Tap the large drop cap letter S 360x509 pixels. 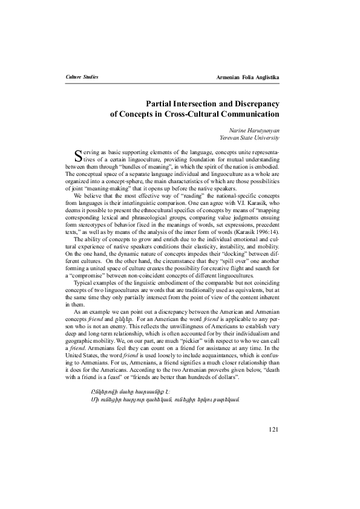click(x=77, y=156)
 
